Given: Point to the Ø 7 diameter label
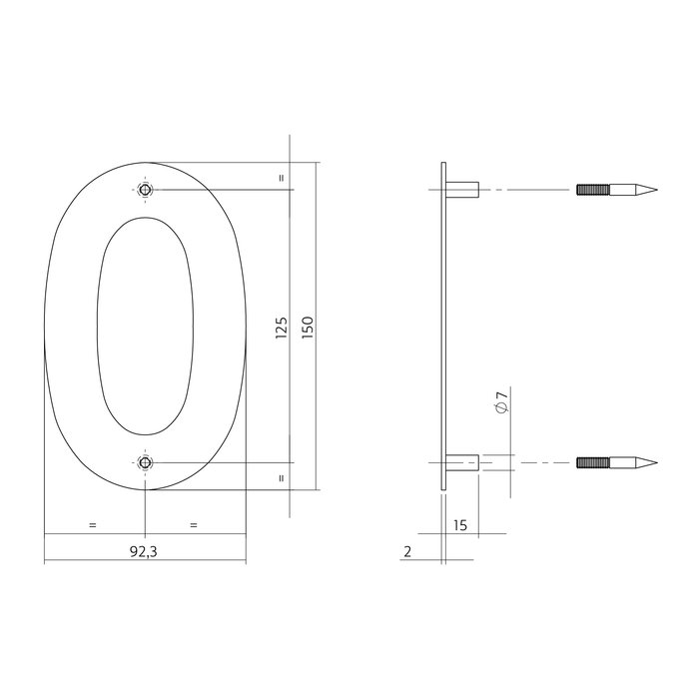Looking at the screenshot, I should [502, 404].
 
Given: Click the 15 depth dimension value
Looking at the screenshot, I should [460, 524].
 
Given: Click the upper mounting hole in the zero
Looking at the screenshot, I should [146, 190].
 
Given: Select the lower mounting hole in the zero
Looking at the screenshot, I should [146, 462].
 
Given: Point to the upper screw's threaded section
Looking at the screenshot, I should [593, 190].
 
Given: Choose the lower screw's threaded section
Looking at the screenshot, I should [593, 462].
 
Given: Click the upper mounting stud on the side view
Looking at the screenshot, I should [462, 190].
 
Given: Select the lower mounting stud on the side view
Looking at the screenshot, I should [462, 462].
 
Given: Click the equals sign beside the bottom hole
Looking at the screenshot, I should [282, 477].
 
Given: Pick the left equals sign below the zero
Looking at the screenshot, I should [92, 524].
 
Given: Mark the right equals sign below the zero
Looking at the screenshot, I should [194, 524].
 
